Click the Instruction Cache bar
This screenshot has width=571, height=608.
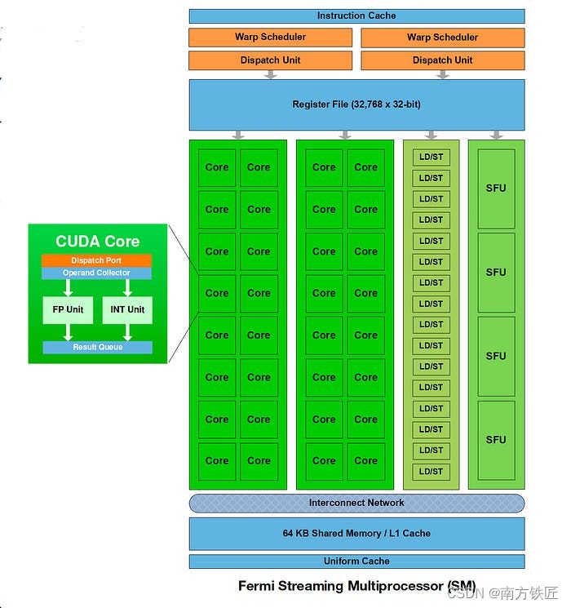point(356,16)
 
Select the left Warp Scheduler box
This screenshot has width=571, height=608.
point(270,38)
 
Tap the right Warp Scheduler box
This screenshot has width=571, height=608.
point(442,38)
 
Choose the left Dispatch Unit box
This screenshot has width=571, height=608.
point(270,60)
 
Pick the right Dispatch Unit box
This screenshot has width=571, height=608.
point(442,60)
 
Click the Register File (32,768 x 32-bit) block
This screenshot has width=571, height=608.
point(356,104)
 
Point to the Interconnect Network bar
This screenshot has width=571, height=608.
point(356,503)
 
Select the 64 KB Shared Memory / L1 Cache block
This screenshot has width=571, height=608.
point(356,533)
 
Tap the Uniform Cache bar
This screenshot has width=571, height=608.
point(356,561)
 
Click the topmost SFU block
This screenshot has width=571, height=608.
point(496,189)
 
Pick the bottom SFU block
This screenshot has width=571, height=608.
point(496,440)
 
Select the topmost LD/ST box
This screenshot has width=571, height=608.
point(431,158)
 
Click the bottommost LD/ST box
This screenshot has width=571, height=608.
point(431,472)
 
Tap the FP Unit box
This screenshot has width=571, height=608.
point(69,310)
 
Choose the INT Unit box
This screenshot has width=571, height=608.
point(127,310)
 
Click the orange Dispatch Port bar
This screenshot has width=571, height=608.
point(96,260)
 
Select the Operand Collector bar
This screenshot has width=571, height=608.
point(96,273)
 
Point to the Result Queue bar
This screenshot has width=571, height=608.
point(97,348)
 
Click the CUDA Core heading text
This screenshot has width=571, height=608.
point(97,242)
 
